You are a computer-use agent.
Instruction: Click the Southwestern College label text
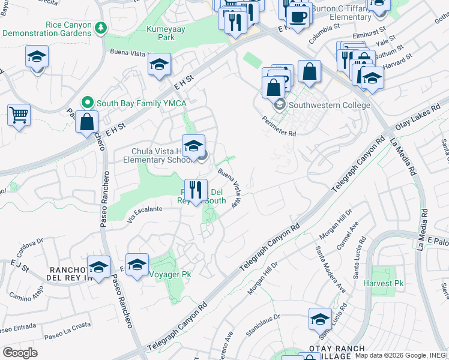[x=330, y=105]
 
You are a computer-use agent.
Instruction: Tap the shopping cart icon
[x=19, y=114]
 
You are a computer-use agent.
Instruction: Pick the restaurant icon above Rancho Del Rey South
[x=196, y=190]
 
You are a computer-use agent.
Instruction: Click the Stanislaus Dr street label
[x=264, y=323]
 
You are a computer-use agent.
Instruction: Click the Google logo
[x=20, y=352]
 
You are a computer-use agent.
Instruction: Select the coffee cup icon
[x=299, y=16]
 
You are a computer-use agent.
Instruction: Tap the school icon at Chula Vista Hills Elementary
[x=193, y=146]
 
